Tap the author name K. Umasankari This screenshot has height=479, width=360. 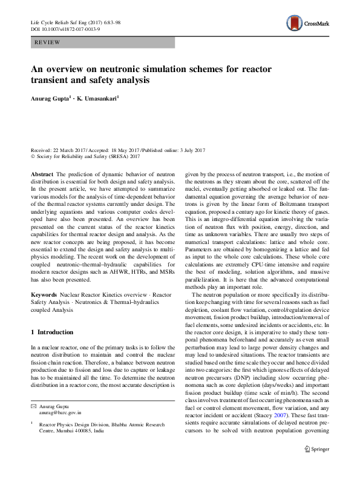coord(97,96)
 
